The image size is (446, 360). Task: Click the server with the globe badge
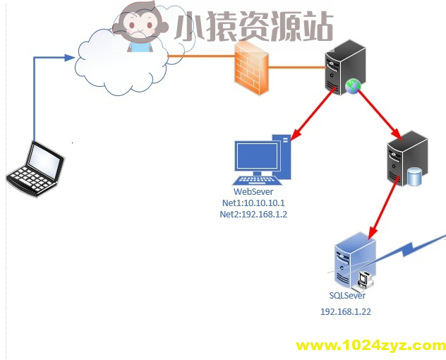coord(345,67)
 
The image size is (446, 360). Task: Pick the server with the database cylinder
coord(408,160)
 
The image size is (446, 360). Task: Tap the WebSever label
coord(253,192)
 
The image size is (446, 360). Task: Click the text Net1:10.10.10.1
coord(253,203)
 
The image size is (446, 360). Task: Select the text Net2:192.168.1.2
coord(253,215)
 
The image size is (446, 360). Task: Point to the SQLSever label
coord(347,296)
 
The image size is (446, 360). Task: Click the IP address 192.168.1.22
coord(346,311)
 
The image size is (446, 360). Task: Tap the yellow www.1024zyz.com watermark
coord(370,345)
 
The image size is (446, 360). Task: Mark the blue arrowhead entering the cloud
coord(71,57)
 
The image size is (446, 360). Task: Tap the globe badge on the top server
coord(353,86)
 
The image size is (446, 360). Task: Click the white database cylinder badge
coord(414,177)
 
